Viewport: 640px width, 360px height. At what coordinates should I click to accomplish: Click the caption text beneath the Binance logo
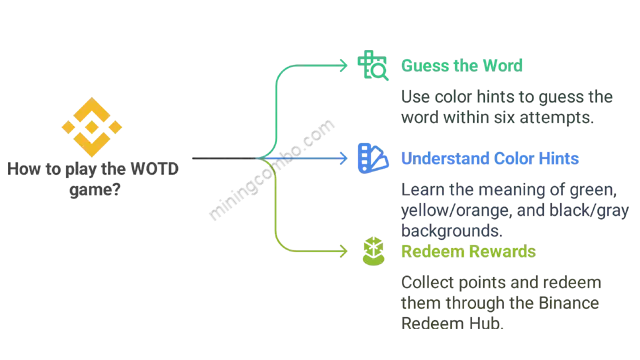click(96, 177)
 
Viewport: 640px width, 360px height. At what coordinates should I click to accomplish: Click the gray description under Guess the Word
click(498, 107)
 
